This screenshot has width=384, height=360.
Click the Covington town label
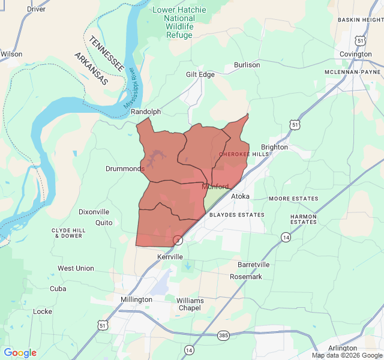coord(356,54)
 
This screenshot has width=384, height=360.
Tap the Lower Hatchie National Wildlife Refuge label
coord(179,23)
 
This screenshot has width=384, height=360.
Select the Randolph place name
coord(146,112)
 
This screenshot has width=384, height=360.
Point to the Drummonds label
coord(125,169)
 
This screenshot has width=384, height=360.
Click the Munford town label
coord(215,187)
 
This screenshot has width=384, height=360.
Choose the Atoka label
coord(240,196)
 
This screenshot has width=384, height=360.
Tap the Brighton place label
coord(274,147)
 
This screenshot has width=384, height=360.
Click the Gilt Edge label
coord(200,74)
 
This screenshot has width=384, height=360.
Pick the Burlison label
coord(247,65)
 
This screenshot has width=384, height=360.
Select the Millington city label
coord(136,299)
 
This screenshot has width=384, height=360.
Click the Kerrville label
coord(169,257)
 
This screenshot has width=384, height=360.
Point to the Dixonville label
coord(94,212)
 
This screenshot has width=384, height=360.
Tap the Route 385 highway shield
coord(223,335)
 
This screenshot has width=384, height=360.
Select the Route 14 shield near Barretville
coord(286,238)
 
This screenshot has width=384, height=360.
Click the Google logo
coord(20,353)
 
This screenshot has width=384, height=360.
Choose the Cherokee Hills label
coord(244,154)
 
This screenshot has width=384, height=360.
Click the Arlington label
coord(343,348)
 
